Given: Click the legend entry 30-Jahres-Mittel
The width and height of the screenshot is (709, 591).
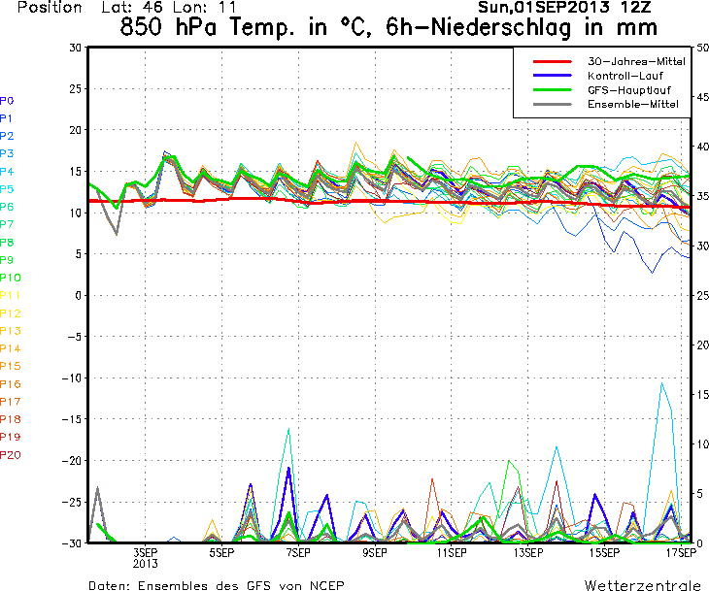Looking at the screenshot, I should [636, 60].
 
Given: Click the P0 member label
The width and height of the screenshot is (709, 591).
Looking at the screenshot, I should [7, 100].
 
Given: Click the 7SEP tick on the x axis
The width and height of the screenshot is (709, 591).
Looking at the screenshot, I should [297, 553].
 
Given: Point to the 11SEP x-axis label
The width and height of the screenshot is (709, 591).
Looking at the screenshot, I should [449, 553].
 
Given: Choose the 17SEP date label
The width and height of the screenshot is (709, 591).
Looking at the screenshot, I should [679, 553].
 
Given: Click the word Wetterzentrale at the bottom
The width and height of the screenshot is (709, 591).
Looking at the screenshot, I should [642, 585].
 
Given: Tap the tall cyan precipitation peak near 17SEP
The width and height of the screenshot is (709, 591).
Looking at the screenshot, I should [662, 383].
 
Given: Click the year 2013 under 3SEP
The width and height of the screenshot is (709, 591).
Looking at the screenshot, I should [144, 563].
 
